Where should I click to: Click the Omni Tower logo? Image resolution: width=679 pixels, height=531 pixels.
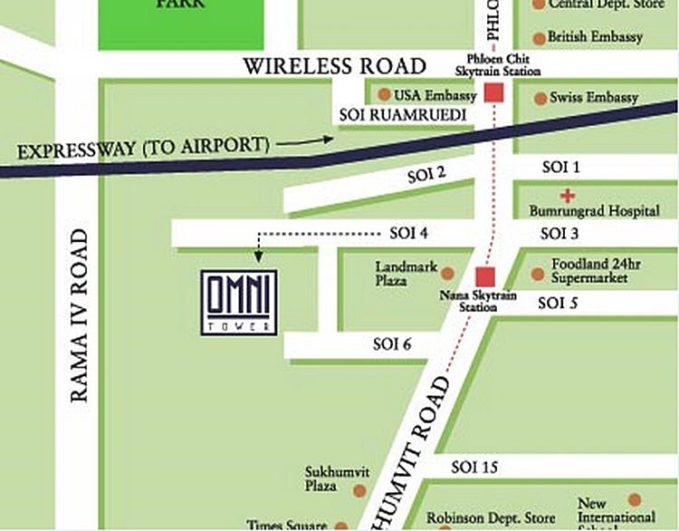239,302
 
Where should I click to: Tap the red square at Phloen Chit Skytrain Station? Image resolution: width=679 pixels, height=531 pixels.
493,92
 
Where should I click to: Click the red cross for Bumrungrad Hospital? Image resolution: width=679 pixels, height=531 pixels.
568,195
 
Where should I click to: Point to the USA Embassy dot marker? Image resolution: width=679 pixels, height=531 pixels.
385,94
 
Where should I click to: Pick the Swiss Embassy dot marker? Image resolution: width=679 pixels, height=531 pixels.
540,98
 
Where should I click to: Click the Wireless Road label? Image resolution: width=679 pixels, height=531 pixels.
335,66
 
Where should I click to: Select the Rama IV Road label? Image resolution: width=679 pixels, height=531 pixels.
80,314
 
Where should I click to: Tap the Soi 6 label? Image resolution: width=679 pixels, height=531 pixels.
393,344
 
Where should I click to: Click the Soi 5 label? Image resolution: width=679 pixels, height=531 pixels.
558,304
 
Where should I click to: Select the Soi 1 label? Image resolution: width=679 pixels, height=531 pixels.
560,168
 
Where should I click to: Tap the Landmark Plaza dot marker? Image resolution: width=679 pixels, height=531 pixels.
445,269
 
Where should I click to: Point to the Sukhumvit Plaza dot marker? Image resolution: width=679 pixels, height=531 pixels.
359,490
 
